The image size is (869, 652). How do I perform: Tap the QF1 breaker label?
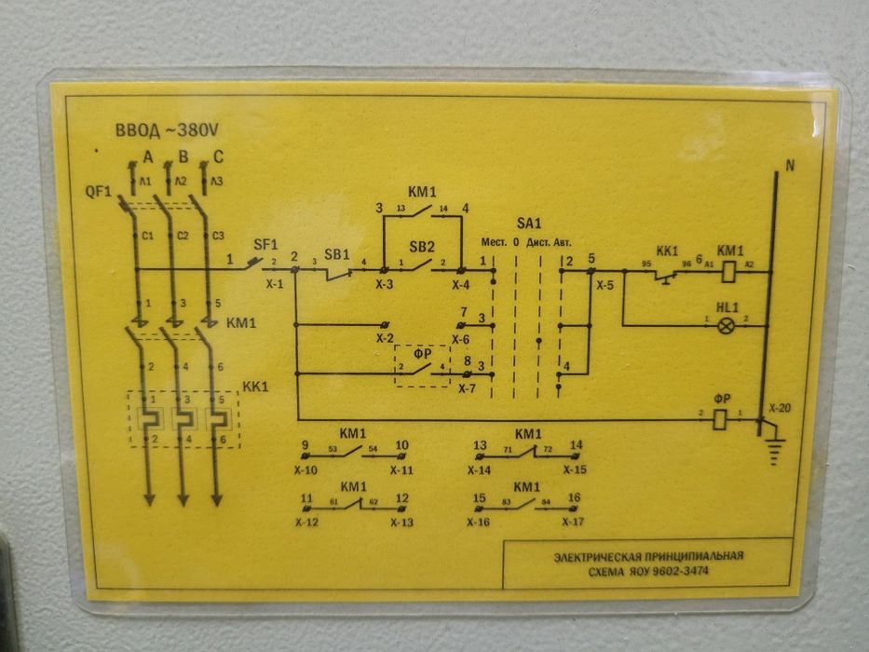pyautogui.click(x=98, y=192)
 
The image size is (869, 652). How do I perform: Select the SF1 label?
pyautogui.click(x=266, y=244)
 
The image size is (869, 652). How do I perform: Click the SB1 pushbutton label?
pyautogui.click(x=336, y=254)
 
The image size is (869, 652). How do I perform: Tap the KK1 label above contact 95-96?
pyautogui.click(x=667, y=251)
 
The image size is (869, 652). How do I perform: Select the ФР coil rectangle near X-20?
pyautogui.click(x=720, y=420)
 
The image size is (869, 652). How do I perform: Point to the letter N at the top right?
pyautogui.click(x=790, y=168)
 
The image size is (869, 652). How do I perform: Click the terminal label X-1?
pyautogui.click(x=274, y=282)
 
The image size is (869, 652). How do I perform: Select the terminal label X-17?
pyautogui.click(x=574, y=523)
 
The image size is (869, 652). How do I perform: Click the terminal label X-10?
pyautogui.click(x=306, y=470)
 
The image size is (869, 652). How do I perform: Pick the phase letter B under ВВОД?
pyautogui.click(x=183, y=156)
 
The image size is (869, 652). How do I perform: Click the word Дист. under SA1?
pyautogui.click(x=537, y=242)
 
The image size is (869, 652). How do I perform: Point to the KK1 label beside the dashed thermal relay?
pyautogui.click(x=255, y=385)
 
